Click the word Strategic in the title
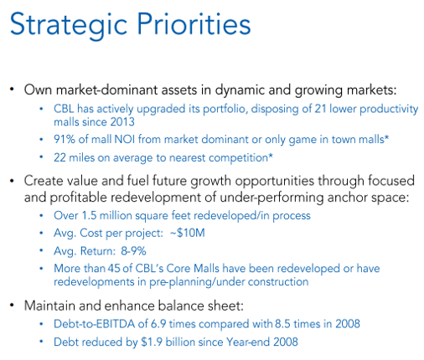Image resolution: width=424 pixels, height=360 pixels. coord(69,25)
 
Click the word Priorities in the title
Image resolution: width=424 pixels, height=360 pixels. coord(194,23)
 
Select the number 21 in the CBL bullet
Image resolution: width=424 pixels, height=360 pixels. coord(320,109)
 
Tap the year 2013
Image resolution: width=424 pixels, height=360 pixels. coord(122,122)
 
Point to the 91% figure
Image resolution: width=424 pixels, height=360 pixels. coord(65,139)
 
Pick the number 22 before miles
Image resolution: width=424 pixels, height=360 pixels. coord(59,157)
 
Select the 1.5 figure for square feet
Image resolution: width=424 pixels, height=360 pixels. coord(89,215)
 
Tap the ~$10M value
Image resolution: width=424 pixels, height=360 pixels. coord(188,233)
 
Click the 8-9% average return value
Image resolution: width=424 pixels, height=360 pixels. coord(133,251)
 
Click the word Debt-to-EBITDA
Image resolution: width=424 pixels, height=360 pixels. coord(95,324)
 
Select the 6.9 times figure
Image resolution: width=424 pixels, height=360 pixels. coord(158,324)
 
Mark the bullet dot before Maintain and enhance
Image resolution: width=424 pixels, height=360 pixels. coord(12,306)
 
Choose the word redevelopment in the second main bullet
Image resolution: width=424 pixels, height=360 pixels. coord(156,198)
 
